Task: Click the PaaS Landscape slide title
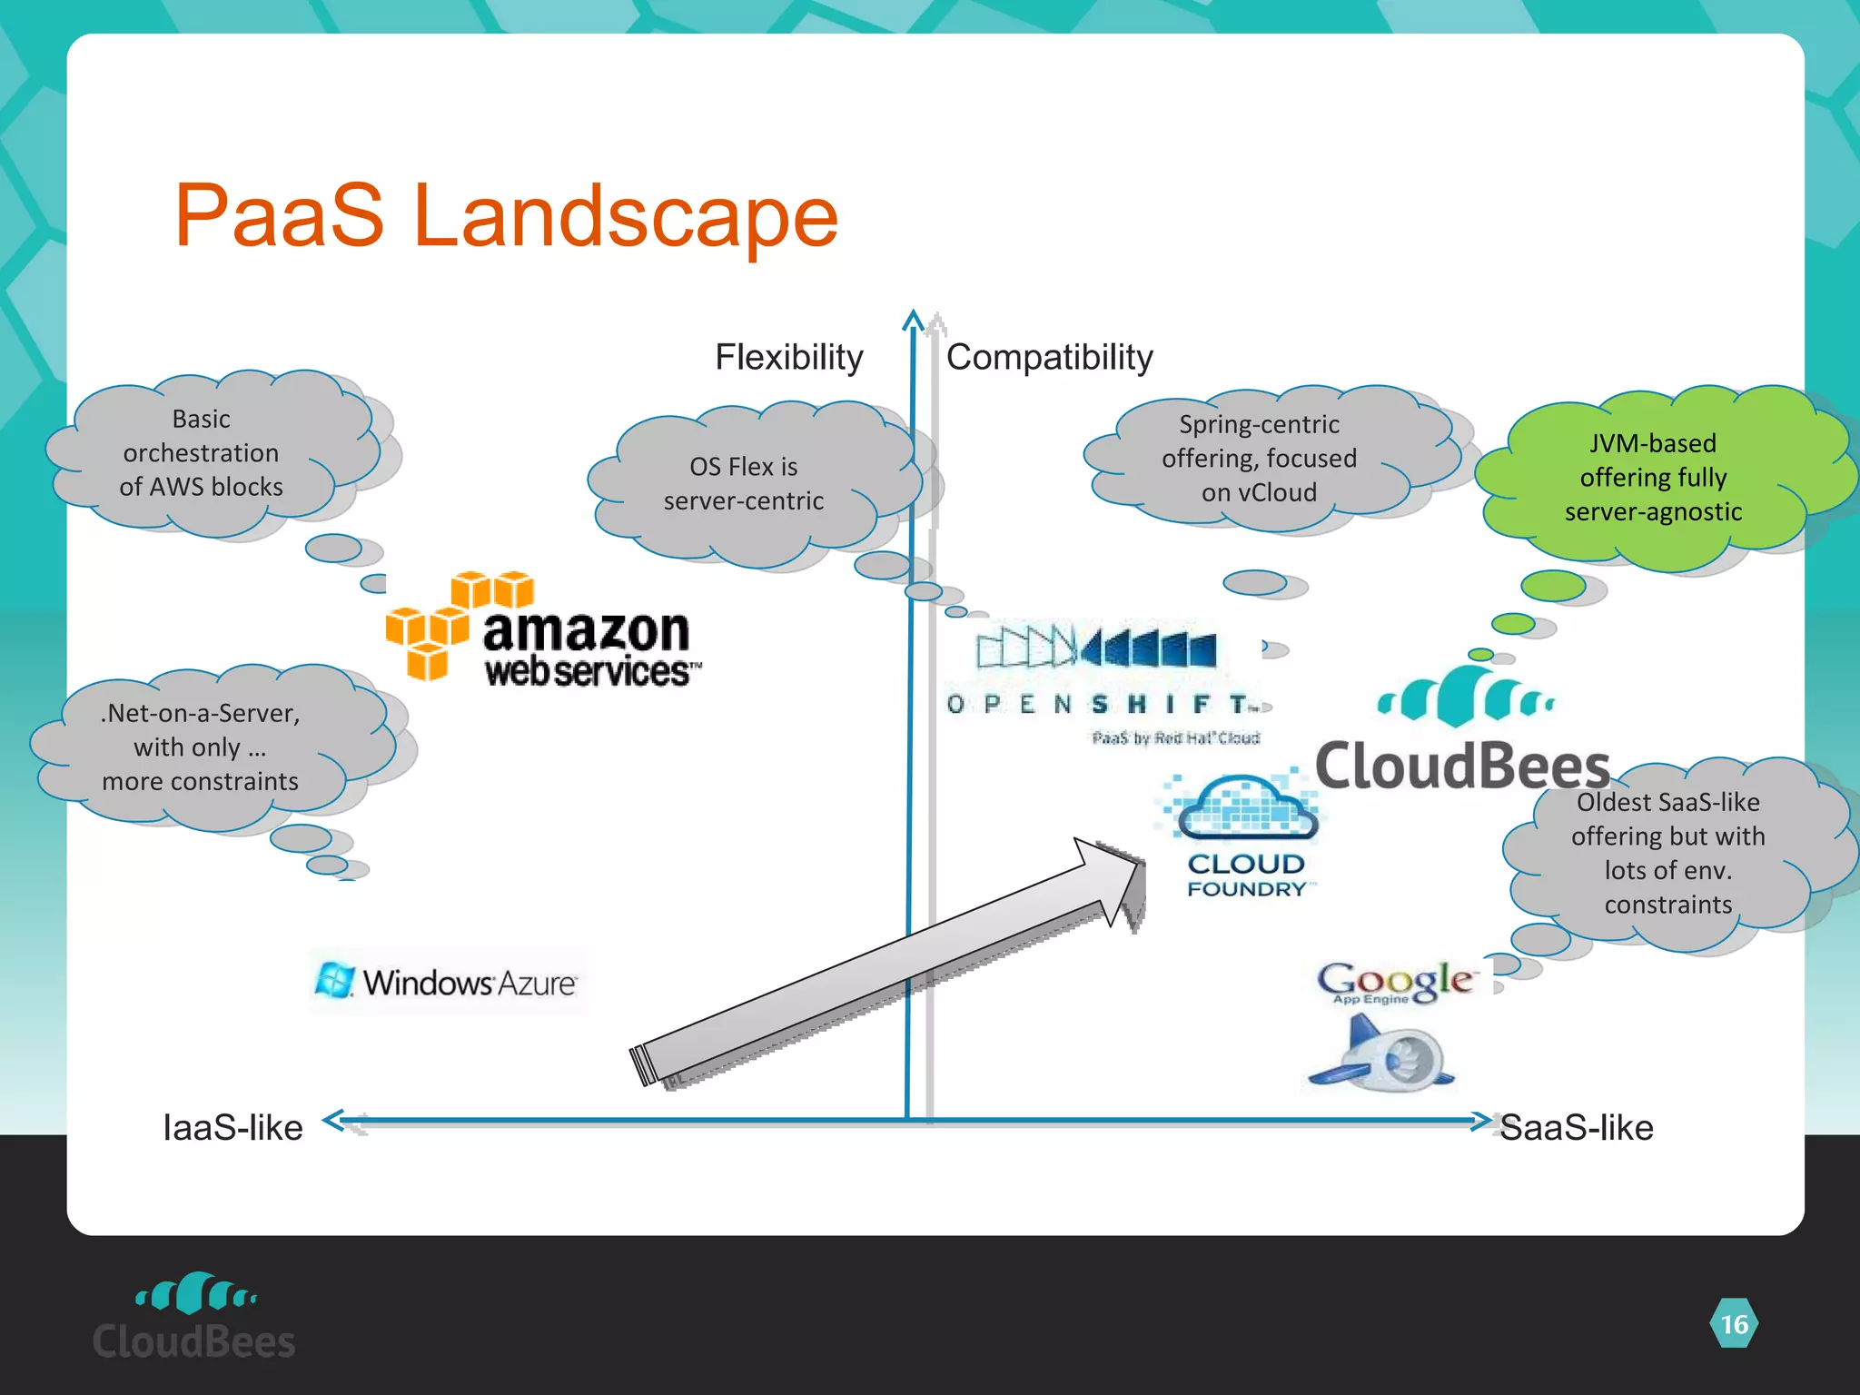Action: click(x=506, y=216)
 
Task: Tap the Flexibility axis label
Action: click(x=788, y=357)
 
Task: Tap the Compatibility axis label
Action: click(x=1049, y=357)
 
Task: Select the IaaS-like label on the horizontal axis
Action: click(x=232, y=1127)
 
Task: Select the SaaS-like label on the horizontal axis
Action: click(x=1576, y=1127)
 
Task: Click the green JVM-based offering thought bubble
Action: click(x=1653, y=477)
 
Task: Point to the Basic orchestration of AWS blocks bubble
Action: click(x=202, y=452)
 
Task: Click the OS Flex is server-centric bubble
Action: click(x=743, y=483)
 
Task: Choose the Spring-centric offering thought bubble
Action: click(x=1259, y=458)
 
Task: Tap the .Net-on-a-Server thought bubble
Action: click(x=200, y=747)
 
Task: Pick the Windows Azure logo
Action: click(x=448, y=982)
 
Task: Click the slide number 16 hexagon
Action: click(x=1734, y=1324)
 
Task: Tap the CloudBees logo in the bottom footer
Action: click(x=193, y=1317)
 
